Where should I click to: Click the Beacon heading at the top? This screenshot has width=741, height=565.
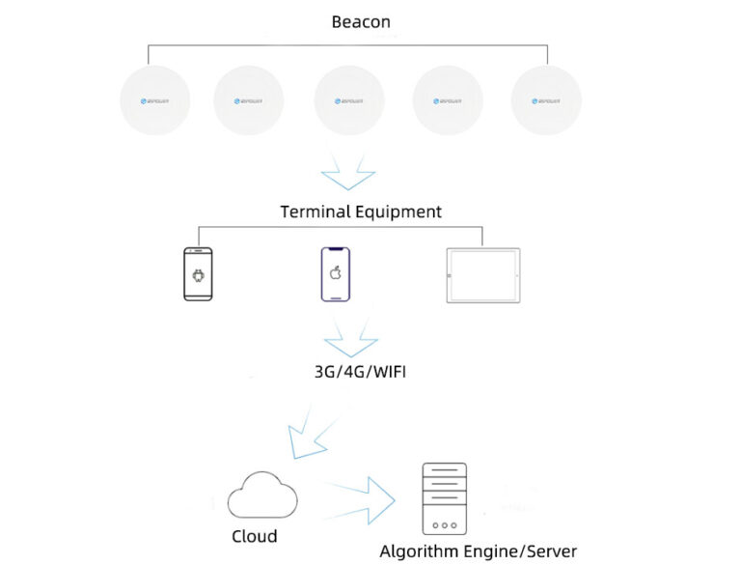point(361,21)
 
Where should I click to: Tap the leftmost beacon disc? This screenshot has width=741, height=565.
point(154,100)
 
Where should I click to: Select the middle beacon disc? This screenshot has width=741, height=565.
point(348,100)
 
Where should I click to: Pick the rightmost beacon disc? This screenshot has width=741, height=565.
point(545,100)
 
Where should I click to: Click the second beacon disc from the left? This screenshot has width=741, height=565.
point(248,100)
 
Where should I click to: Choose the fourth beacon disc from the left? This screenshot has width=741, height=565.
point(447,100)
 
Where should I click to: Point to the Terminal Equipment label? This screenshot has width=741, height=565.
point(361,212)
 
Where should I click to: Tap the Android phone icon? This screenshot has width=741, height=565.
point(198,274)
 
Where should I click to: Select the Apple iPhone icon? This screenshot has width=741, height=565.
point(335,274)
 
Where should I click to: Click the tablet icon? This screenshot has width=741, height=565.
point(482,276)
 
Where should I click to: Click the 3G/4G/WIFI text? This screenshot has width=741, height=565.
point(360,371)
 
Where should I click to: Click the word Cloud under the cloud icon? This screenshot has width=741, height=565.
point(255,536)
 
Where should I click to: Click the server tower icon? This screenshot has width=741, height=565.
point(444,498)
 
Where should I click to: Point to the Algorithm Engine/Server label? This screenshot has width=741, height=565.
point(478,551)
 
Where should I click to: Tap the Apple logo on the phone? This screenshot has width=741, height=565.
point(336,273)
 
